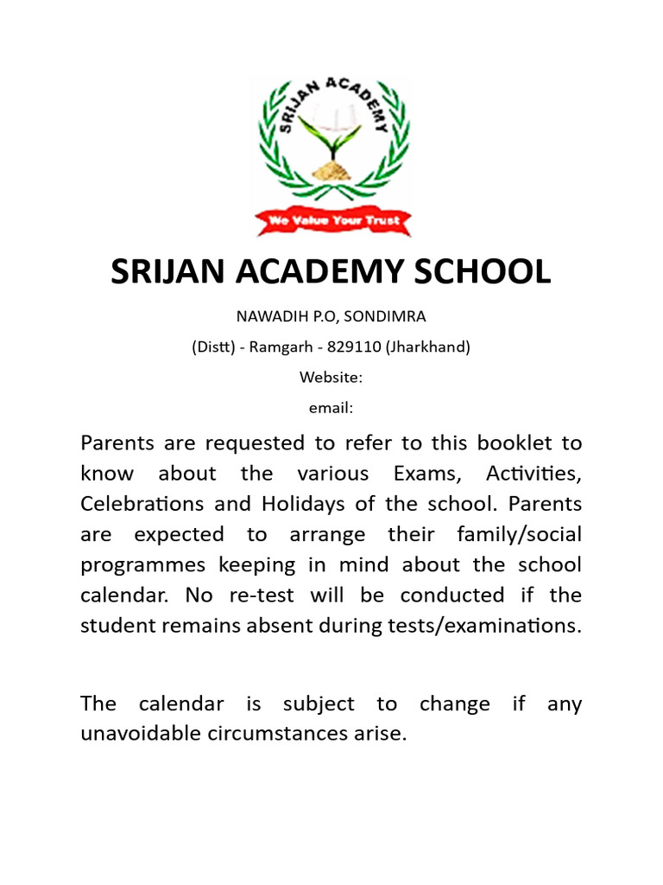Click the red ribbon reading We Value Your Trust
[332, 221]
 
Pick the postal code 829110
[355, 347]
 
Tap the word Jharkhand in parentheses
[428, 347]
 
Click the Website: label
[331, 378]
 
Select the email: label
[331, 408]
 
